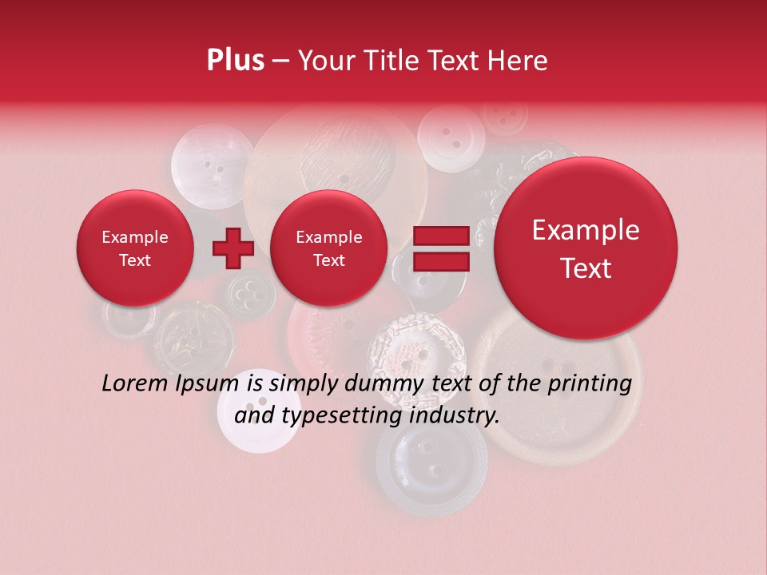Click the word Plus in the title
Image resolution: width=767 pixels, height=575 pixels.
235,61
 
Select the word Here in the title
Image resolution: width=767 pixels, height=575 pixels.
519,61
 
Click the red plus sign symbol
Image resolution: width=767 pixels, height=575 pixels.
232,248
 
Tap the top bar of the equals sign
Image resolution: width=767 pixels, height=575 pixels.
440,236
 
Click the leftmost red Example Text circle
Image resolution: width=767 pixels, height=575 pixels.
134,248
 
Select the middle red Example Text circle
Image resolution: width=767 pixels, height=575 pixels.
328,248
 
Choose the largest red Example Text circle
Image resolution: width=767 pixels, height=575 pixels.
586,248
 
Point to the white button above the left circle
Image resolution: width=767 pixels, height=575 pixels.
209,164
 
